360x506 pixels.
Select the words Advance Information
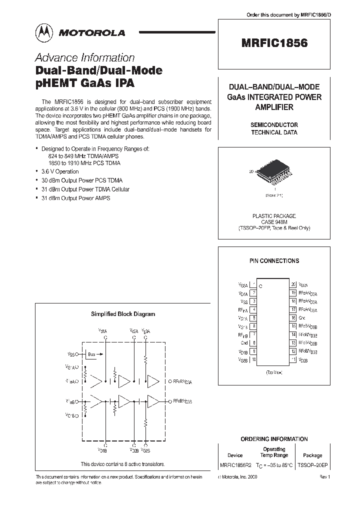84,57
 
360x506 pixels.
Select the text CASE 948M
274,222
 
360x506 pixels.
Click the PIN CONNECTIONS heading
274,260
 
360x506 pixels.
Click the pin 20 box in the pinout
293,284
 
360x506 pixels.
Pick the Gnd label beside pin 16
302,317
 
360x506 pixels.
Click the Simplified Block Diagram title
122,314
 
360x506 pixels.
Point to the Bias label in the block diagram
91,354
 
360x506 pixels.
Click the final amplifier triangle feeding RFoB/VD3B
153,401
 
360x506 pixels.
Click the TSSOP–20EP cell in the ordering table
313,464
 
